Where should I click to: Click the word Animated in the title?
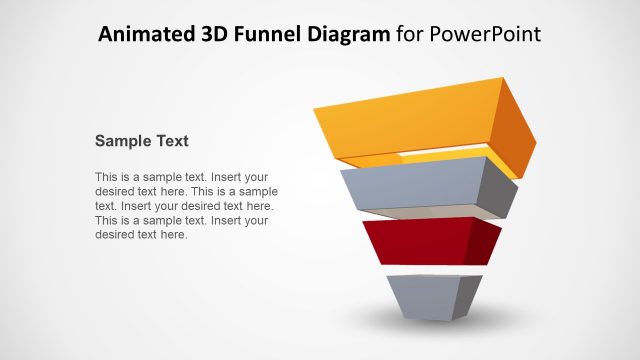coord(141,35)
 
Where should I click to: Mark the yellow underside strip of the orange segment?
coord(430,158)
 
